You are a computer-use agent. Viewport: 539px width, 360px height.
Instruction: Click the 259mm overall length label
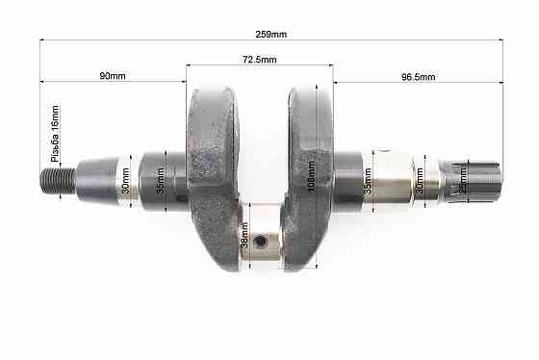click(270, 35)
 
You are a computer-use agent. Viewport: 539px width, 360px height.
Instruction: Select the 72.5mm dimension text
click(260, 60)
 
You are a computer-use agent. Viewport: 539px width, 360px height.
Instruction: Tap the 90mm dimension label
click(113, 76)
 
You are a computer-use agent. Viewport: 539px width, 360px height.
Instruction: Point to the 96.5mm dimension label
click(419, 77)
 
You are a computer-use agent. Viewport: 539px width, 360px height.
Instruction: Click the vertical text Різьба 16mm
click(55, 134)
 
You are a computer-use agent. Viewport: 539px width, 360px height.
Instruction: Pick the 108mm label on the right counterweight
click(311, 176)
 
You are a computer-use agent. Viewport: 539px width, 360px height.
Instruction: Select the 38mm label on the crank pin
click(244, 235)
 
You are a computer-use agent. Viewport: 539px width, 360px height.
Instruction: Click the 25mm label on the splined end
click(463, 180)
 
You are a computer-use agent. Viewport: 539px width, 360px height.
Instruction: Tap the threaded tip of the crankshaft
click(58, 181)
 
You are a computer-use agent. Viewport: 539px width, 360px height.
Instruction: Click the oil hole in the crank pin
click(259, 242)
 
